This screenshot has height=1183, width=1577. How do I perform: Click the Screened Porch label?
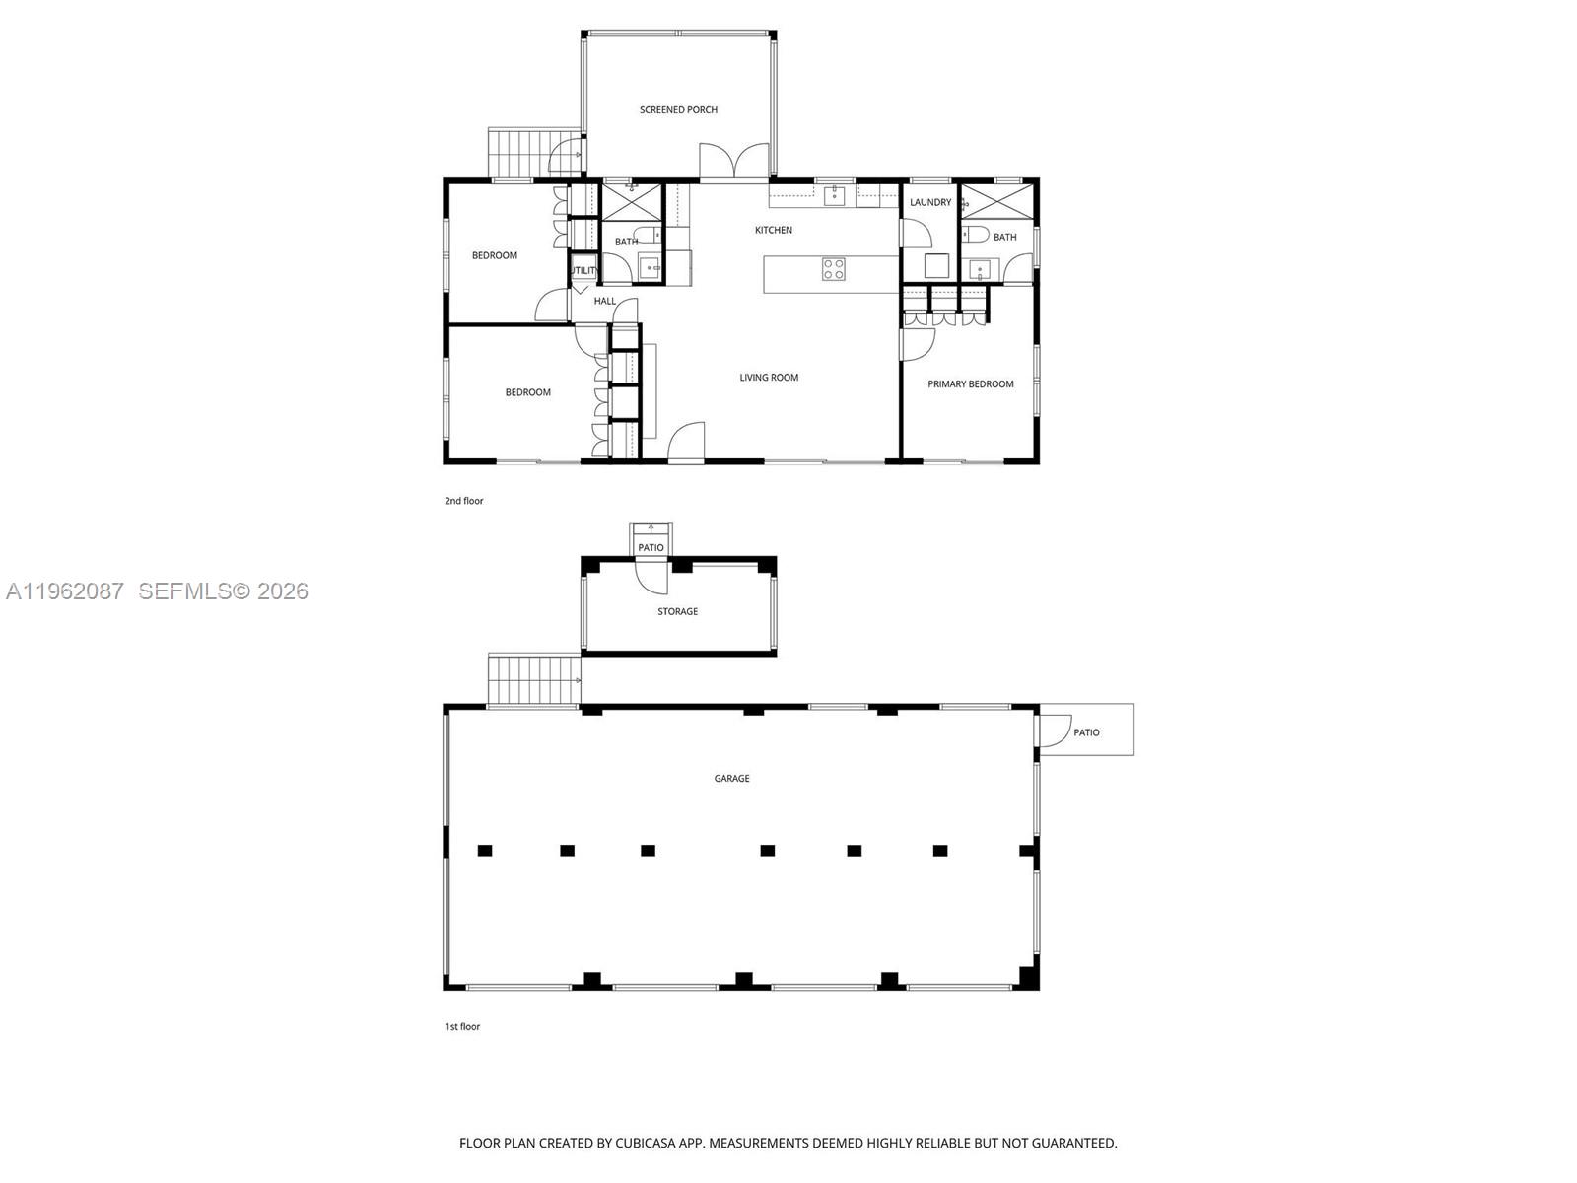click(x=678, y=110)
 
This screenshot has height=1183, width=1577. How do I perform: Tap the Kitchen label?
click(x=774, y=230)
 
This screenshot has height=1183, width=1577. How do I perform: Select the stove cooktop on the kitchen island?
click(x=833, y=269)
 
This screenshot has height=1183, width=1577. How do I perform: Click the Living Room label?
click(x=769, y=378)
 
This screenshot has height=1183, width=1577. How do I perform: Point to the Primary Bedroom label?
click(x=970, y=384)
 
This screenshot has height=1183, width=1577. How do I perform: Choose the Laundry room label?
click(x=930, y=203)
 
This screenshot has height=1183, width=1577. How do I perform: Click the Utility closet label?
click(x=583, y=270)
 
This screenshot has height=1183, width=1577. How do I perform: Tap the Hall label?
click(x=605, y=302)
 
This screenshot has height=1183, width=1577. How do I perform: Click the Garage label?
click(x=731, y=779)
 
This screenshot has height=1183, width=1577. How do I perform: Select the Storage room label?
click(x=677, y=612)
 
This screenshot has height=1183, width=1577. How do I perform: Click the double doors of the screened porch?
click(x=734, y=162)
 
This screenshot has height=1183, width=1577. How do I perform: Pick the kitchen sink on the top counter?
click(x=834, y=195)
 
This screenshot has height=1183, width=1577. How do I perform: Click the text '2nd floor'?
click(x=464, y=501)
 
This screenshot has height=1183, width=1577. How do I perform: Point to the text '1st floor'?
click(x=462, y=1027)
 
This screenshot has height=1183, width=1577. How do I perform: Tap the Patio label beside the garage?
click(x=1086, y=733)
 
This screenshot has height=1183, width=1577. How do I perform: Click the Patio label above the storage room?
click(x=651, y=548)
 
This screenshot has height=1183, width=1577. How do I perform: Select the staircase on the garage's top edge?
click(x=533, y=679)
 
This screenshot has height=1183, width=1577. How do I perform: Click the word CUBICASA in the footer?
click(x=645, y=1144)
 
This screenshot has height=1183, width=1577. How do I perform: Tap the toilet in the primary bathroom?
click(x=976, y=235)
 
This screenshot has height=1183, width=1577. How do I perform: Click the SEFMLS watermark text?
click(x=223, y=591)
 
